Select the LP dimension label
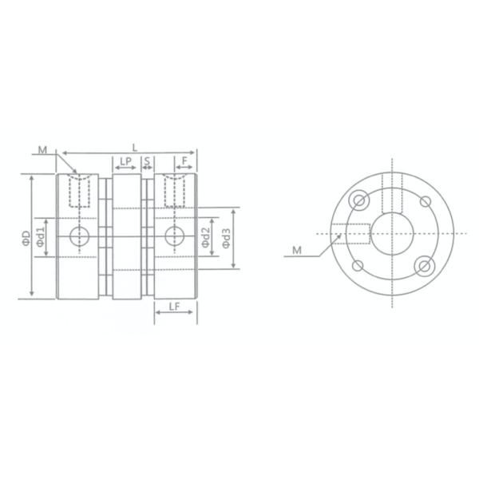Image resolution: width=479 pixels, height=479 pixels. [x=125, y=162]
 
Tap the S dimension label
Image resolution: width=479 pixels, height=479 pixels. [x=148, y=162]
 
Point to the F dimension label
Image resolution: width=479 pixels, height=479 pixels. [x=184, y=162]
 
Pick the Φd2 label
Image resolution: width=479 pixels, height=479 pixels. [x=207, y=237]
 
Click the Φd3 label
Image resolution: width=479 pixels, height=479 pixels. [x=227, y=237]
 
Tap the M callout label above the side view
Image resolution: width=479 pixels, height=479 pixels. [x=42, y=148]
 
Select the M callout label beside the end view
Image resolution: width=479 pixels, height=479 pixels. [x=296, y=251]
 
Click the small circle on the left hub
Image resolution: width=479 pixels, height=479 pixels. [x=78, y=235]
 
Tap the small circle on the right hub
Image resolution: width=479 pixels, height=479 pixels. [x=174, y=235]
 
